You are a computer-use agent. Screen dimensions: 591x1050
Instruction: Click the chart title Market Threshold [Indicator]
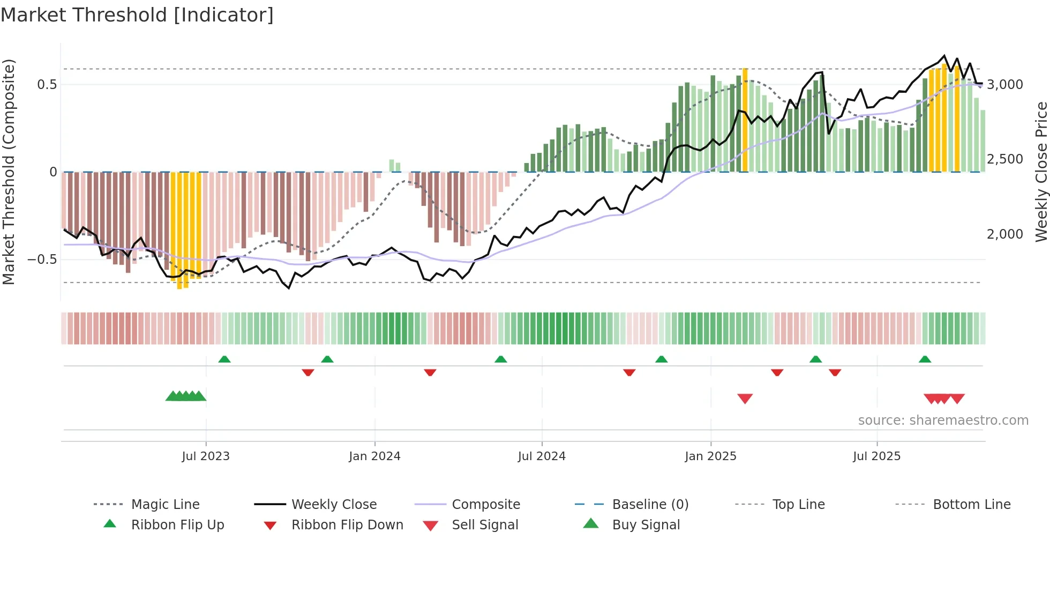click(x=137, y=15)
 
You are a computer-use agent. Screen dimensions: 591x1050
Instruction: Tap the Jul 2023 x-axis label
click(x=206, y=456)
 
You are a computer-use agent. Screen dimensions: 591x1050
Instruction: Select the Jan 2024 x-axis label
click(x=374, y=456)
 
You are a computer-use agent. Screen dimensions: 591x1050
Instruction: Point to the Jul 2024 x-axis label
click(x=542, y=456)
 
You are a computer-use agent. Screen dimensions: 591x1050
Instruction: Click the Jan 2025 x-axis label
click(x=710, y=456)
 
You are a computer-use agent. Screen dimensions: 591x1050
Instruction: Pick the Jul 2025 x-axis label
click(x=877, y=456)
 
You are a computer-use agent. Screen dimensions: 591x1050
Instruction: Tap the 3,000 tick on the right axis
click(x=1005, y=85)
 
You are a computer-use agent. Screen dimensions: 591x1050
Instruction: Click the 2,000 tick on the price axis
click(x=1005, y=234)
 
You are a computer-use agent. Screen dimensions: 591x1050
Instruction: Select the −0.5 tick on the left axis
click(x=42, y=260)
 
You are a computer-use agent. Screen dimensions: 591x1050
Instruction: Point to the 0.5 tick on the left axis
click(x=47, y=85)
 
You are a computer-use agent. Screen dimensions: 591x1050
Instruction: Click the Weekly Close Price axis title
click(x=1041, y=172)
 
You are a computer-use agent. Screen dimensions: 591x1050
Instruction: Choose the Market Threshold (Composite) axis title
click(x=9, y=172)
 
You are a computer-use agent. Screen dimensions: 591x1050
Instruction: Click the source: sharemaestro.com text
click(x=943, y=420)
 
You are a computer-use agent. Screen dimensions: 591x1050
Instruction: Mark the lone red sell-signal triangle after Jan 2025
click(x=745, y=398)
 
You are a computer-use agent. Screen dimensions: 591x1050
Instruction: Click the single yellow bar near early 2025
click(x=745, y=121)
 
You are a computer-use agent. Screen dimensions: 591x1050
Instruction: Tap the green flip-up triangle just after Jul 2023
click(x=224, y=359)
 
